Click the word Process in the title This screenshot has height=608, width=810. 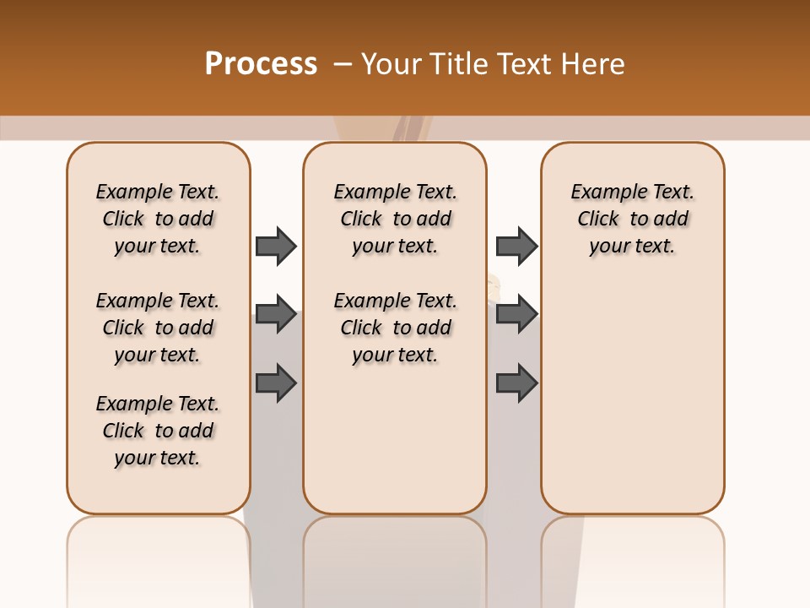(261, 64)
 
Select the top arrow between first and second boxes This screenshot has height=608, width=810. (276, 246)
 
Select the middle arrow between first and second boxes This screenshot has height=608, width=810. (276, 314)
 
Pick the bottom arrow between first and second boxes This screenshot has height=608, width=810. (276, 383)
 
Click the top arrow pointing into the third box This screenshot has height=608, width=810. (516, 246)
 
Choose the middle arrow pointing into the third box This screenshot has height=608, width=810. (516, 314)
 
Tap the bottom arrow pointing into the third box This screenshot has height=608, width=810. (516, 383)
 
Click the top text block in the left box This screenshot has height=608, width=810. (158, 219)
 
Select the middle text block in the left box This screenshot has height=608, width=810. (158, 328)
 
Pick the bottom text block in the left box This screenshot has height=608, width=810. (158, 431)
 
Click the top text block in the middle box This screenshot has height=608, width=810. (395, 219)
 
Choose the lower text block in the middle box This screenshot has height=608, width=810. (395, 328)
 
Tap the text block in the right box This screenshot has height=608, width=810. (632, 219)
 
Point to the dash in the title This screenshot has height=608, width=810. (343, 64)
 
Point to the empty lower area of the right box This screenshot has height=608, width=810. (632, 397)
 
